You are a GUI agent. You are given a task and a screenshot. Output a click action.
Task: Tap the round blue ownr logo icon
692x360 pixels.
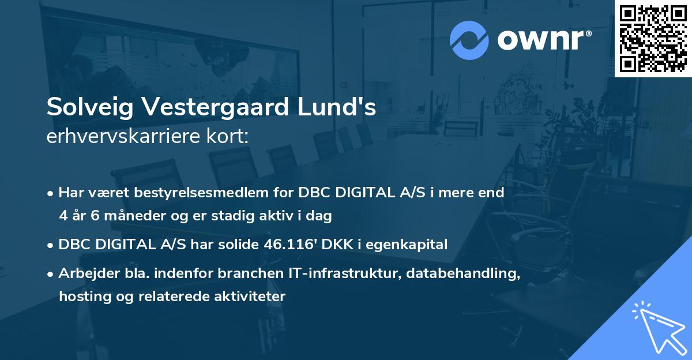click(469, 40)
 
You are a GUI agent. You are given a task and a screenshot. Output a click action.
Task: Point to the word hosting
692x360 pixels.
click(81, 297)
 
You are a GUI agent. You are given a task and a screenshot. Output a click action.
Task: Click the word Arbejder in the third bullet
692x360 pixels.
click(85, 274)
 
